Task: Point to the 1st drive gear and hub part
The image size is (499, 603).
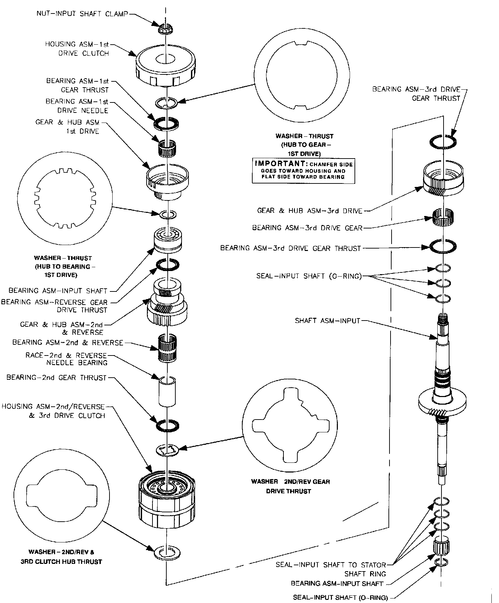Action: (x=167, y=182)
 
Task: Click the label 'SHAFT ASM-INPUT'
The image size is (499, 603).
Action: (x=327, y=321)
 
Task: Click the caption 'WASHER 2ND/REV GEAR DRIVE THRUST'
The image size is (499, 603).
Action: (x=290, y=486)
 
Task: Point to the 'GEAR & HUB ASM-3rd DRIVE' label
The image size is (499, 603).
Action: (x=309, y=210)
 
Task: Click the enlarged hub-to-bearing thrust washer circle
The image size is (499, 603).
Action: (x=65, y=198)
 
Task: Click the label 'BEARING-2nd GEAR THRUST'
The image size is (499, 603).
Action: (x=56, y=378)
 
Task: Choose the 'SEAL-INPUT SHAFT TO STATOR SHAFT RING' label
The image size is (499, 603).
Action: (x=331, y=569)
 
